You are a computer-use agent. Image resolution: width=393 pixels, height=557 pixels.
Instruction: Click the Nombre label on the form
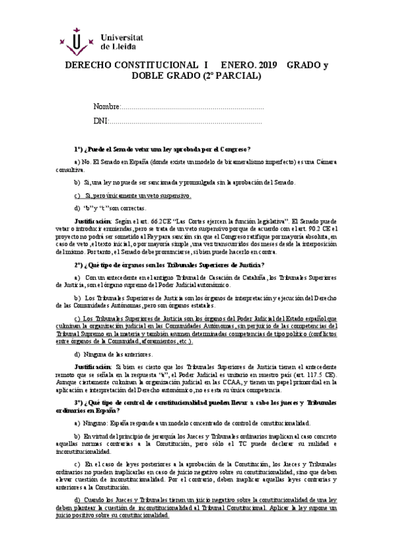point(106,106)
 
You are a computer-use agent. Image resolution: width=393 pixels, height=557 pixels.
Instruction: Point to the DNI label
point(100,122)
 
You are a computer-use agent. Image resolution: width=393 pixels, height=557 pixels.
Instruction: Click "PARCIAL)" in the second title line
point(241,76)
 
